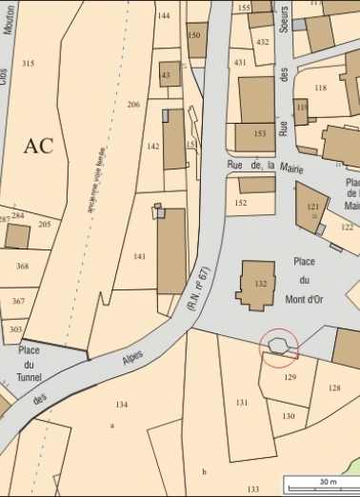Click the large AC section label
tap(39, 146)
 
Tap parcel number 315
tap(28, 64)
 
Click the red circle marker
tap(279, 347)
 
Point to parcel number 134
tap(121, 405)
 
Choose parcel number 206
tap(133, 104)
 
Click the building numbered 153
tap(259, 134)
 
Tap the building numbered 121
tap(311, 208)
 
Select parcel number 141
tap(140, 257)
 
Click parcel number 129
tap(290, 377)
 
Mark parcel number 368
tap(22, 267)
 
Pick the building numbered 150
tap(195, 37)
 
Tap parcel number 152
tap(241, 202)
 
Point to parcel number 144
tap(164, 16)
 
